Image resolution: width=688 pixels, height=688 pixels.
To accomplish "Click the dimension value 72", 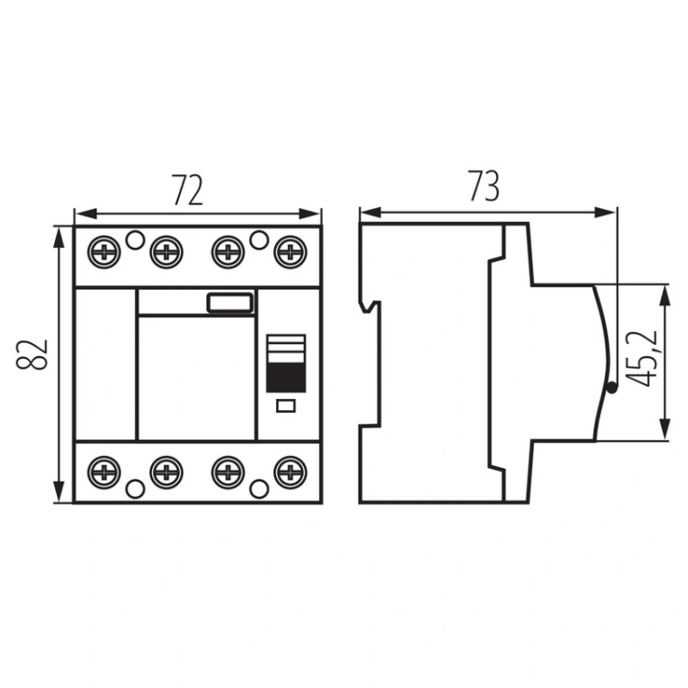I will click(186, 191).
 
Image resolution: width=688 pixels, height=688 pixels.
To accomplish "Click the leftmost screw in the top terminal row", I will click(104, 250).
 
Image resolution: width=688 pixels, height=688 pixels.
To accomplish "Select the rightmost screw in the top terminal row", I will click(291, 250).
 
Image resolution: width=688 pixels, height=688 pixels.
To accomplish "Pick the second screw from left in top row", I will click(165, 250).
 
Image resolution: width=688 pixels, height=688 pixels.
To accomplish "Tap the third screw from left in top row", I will click(228, 250).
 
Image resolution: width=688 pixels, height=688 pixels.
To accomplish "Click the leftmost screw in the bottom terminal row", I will click(104, 473).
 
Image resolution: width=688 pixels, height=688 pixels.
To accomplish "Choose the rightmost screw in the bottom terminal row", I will click(291, 473).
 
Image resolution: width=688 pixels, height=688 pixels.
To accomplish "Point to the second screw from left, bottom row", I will click(165, 473).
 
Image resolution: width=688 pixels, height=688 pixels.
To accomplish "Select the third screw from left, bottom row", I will click(228, 473).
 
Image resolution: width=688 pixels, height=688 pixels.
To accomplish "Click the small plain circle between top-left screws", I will click(135, 240).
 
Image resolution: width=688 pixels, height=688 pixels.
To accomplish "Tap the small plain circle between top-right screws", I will click(260, 240).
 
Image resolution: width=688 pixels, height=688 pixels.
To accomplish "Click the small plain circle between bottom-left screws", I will click(135, 487).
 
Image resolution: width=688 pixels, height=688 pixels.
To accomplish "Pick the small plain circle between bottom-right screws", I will click(260, 487).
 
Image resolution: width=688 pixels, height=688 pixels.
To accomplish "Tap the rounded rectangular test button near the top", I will click(229, 304).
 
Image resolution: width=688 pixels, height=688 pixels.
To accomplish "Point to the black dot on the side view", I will click(611, 389).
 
